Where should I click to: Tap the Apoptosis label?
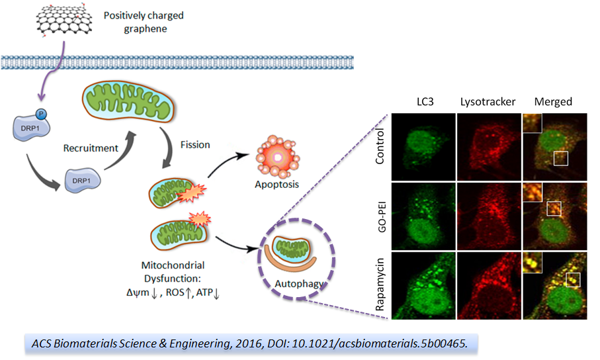click(277, 185)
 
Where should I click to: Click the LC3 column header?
click(423, 102)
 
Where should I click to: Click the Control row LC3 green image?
click(423, 146)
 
